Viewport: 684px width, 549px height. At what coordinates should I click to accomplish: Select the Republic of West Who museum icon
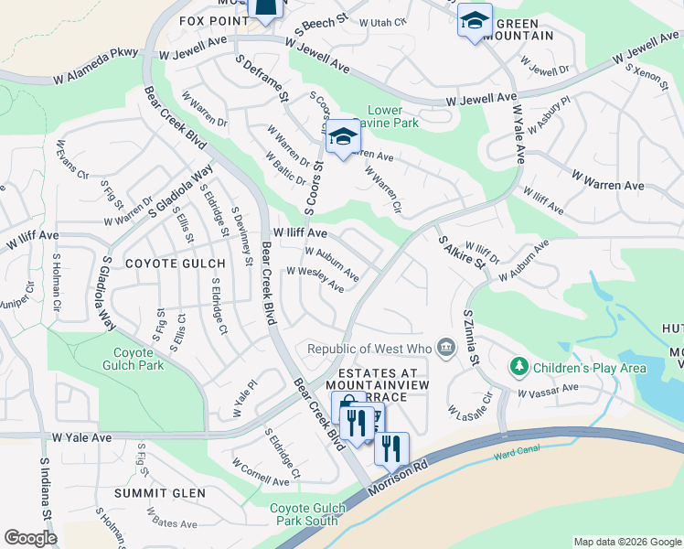tap(445, 348)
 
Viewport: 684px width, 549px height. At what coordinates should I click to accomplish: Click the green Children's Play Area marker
tap(519, 367)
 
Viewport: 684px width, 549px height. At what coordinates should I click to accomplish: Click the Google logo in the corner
tap(31, 538)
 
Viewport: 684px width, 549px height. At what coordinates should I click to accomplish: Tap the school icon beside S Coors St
tap(343, 137)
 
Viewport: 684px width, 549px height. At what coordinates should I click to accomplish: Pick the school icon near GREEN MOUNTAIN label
tap(475, 20)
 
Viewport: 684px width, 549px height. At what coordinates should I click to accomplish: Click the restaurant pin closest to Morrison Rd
tap(390, 448)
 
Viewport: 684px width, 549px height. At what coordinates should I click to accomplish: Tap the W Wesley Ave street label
tap(315, 279)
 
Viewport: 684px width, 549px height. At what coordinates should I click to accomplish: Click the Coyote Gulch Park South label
tap(306, 514)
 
